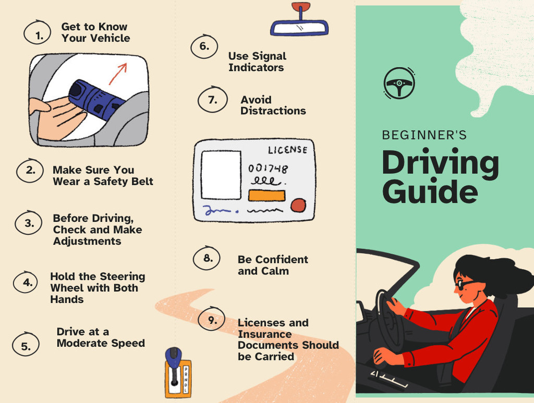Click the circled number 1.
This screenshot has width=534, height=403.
pos(38,33)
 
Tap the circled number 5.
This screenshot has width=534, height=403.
pos(26,345)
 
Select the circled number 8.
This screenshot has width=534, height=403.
pos(207,258)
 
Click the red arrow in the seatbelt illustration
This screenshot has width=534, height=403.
pos(118,74)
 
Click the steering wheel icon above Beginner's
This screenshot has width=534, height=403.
pos(399,83)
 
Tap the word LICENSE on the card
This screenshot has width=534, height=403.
pos(288,150)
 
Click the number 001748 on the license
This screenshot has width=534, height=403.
pos(268,168)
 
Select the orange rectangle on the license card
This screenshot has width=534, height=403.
pos(266,196)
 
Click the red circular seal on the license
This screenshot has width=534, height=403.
pos(298,206)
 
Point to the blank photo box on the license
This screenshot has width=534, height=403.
pos(221,175)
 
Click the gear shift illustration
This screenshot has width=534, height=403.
pos(178,373)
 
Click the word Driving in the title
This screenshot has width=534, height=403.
pos(440,162)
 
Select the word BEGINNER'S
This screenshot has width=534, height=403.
pos(424,135)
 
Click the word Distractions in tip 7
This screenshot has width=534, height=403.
pos(273,111)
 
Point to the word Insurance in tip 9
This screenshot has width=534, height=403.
pos(264,334)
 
